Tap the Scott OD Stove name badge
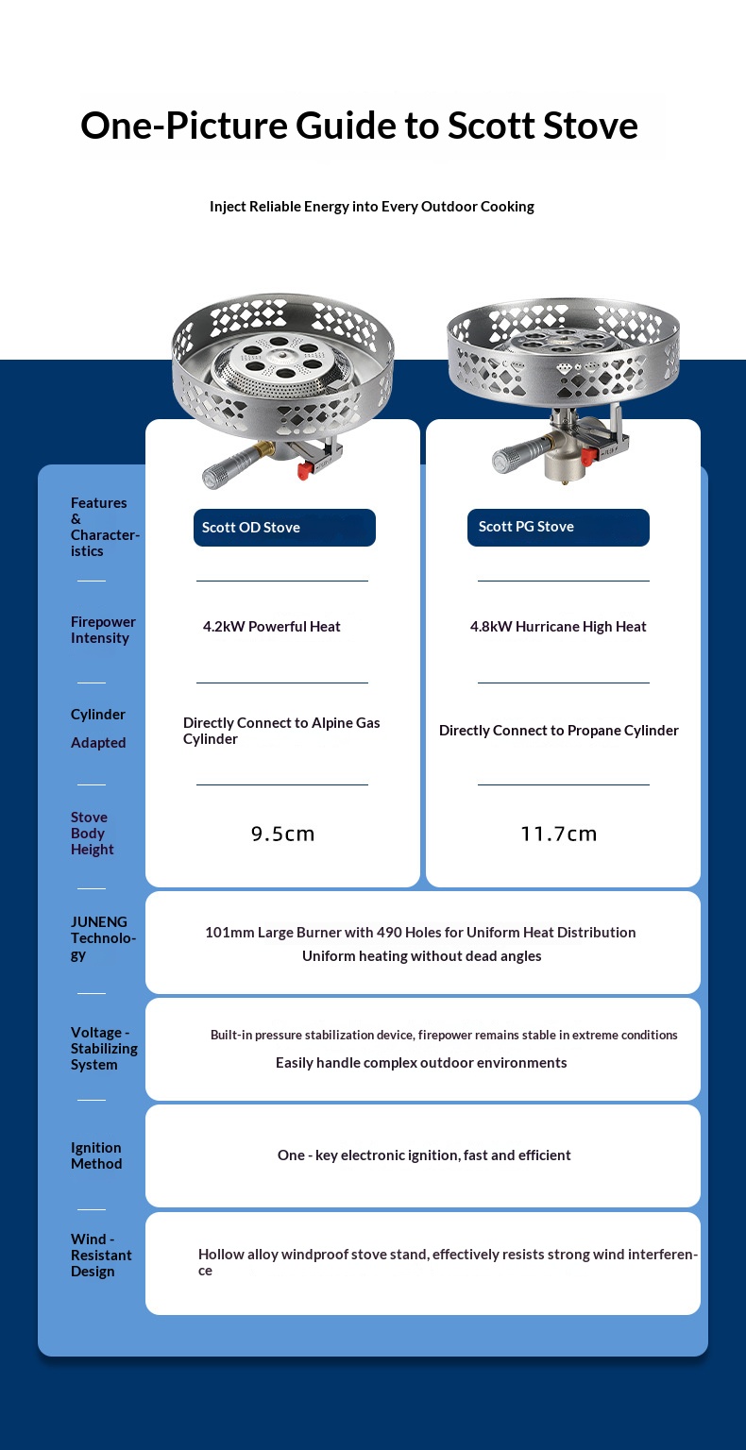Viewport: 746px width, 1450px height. click(x=284, y=528)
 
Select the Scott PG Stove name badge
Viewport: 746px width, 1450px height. click(x=558, y=527)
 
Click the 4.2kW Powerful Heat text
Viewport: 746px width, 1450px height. click(x=272, y=627)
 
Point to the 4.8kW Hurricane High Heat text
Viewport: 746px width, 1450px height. click(x=558, y=627)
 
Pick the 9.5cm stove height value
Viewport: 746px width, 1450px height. click(x=282, y=834)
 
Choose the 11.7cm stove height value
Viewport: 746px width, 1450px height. click(x=558, y=834)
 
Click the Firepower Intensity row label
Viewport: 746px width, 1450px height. click(x=103, y=630)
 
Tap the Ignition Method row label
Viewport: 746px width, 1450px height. click(x=96, y=1155)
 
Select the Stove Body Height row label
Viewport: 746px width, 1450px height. click(x=92, y=834)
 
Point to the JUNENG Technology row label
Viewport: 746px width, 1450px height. click(x=102, y=937)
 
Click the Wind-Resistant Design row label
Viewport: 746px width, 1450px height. click(x=100, y=1256)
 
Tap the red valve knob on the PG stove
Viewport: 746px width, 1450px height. click(x=588, y=457)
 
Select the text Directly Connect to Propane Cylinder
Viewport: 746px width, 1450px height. click(x=558, y=731)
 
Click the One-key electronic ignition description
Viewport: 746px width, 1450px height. click(x=424, y=1155)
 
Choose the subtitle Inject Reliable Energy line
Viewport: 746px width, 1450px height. click(x=372, y=207)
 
